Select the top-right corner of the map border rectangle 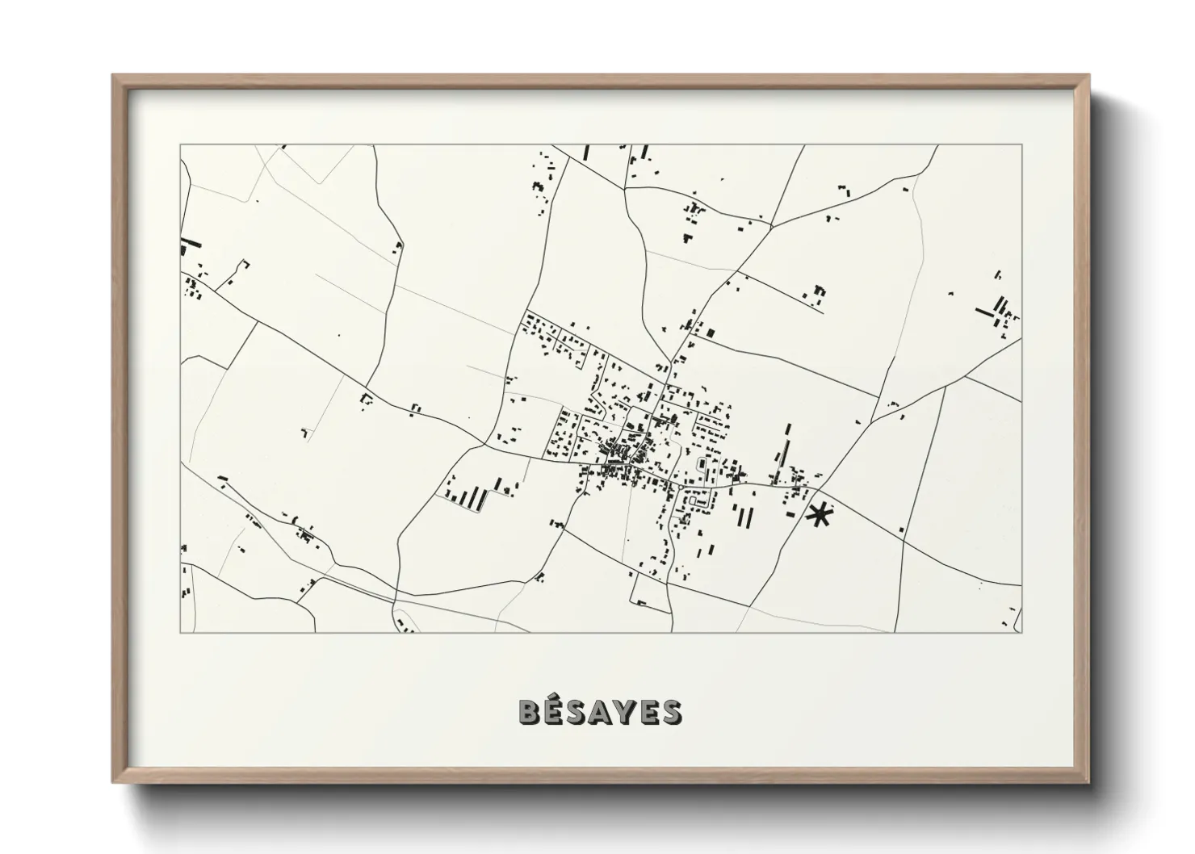coord(1021,145)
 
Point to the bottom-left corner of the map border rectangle coord(181,632)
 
